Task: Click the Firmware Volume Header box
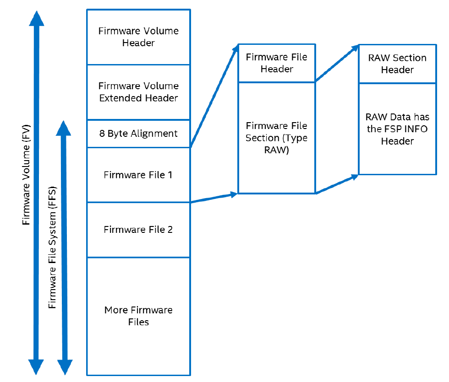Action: [138, 37]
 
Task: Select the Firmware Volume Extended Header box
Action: [138, 92]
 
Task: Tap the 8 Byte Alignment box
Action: [138, 134]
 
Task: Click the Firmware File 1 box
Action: [138, 175]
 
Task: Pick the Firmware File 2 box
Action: [138, 230]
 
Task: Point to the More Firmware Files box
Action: [138, 316]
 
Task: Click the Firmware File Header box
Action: [276, 63]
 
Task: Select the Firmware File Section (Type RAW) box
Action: [276, 138]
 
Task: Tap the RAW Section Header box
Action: [397, 64]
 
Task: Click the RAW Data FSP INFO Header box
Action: [397, 129]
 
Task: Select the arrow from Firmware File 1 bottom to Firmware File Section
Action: [214, 198]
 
